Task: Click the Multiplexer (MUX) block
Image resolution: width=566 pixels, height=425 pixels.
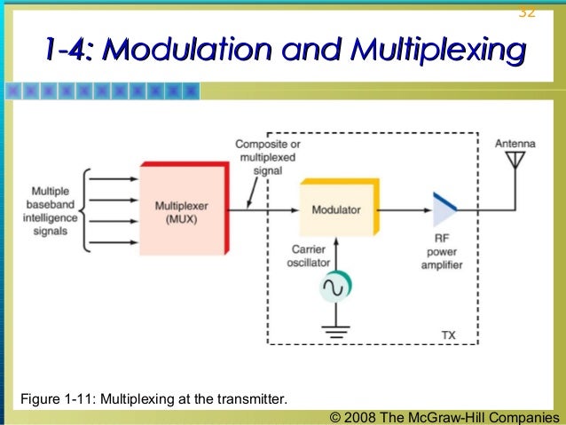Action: (183, 210)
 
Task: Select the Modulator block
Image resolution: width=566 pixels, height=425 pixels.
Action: (336, 210)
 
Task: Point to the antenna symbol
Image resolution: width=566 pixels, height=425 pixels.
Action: (514, 163)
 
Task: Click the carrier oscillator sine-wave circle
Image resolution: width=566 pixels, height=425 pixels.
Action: (335, 287)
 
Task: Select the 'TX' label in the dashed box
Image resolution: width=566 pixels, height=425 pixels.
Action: (449, 334)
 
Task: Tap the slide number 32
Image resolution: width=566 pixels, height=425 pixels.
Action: (526, 11)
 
